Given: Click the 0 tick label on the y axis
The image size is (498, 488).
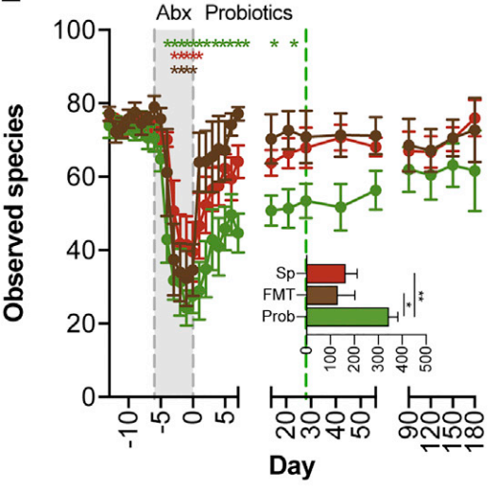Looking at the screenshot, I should tap(89, 397).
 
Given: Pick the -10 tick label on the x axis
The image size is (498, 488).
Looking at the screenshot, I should tap(131, 429).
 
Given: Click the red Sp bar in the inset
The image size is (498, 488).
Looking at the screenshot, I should tap(326, 273).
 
